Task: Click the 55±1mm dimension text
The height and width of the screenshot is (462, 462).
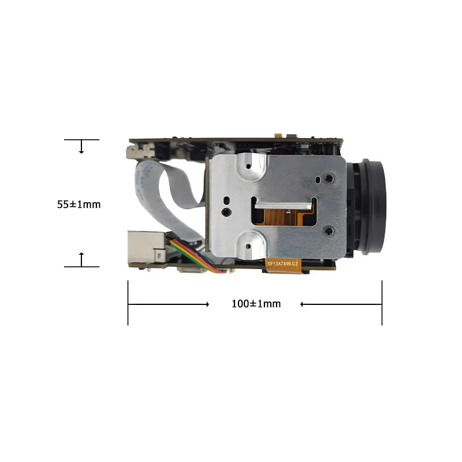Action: pyautogui.click(x=79, y=204)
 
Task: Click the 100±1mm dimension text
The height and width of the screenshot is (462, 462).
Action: pyautogui.click(x=256, y=304)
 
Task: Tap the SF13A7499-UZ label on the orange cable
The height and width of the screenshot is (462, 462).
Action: pyautogui.click(x=283, y=263)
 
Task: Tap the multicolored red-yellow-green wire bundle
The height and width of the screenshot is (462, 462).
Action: pyautogui.click(x=193, y=258)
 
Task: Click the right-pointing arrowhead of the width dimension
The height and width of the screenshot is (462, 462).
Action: pyautogui.click(x=206, y=304)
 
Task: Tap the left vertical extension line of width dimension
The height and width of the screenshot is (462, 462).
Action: pyautogui.click(x=128, y=303)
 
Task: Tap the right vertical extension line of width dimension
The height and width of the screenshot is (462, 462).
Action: pyautogui.click(x=382, y=303)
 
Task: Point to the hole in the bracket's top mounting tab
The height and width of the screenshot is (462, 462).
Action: pyautogui.click(x=248, y=166)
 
